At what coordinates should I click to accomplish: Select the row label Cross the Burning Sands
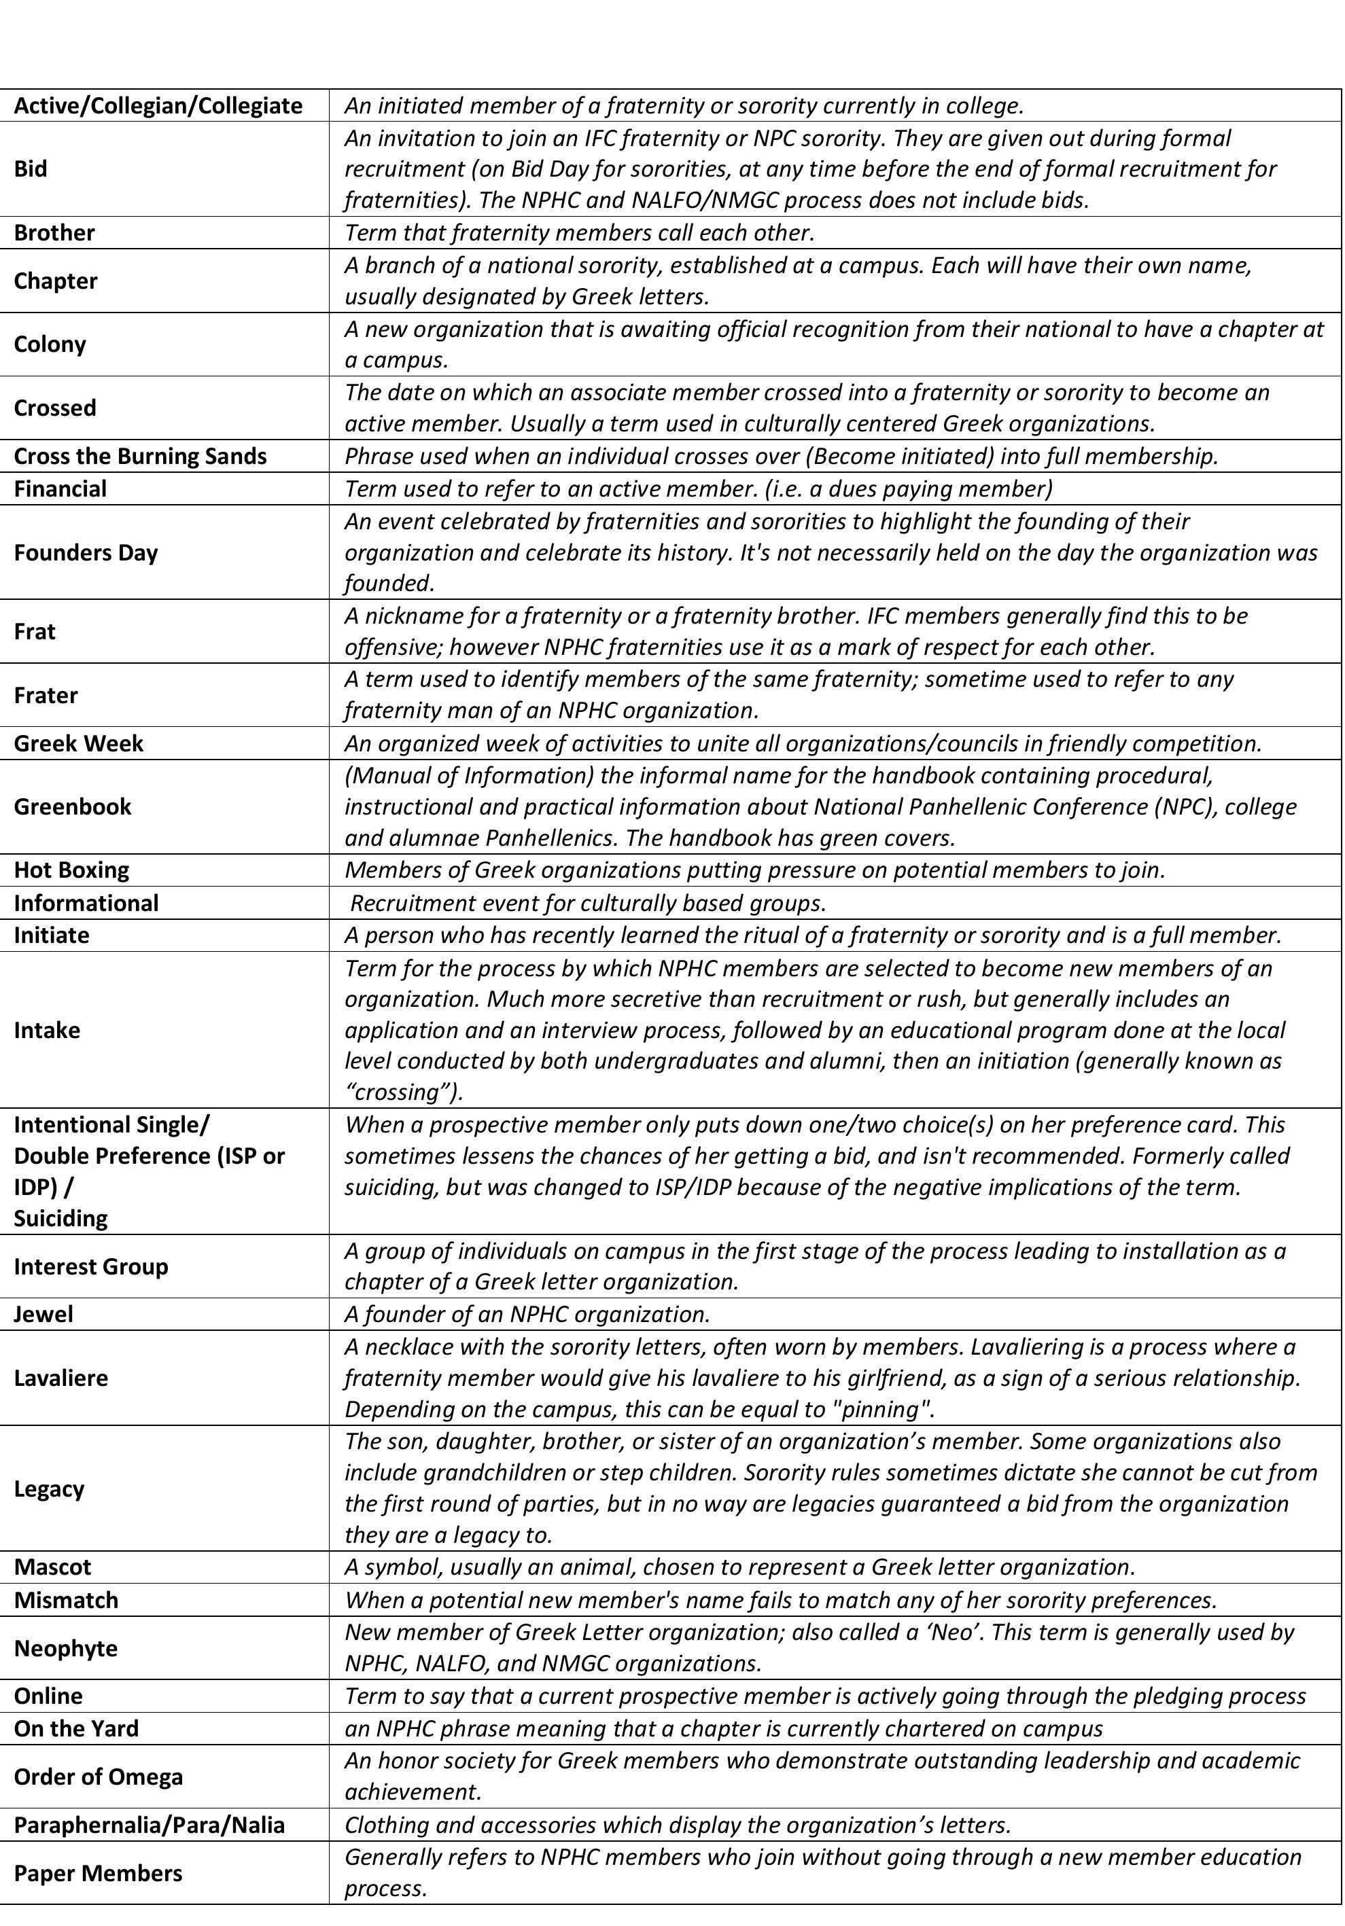pyautogui.click(x=140, y=457)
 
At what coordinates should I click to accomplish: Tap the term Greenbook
pyautogui.click(x=72, y=807)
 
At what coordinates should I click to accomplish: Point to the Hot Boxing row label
pyautogui.click(x=71, y=870)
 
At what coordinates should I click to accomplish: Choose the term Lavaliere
pyautogui.click(x=60, y=1378)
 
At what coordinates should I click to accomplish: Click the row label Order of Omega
pyautogui.click(x=98, y=1777)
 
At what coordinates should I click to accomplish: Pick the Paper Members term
pyautogui.click(x=97, y=1874)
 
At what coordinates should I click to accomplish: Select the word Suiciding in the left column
pyautogui.click(x=60, y=1219)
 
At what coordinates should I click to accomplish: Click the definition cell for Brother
pyautogui.click(x=579, y=232)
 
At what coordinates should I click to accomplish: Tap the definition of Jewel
pyautogui.click(x=527, y=1315)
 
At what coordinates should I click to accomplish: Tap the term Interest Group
pyautogui.click(x=90, y=1266)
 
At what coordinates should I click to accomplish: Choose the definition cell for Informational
pyautogui.click(x=587, y=904)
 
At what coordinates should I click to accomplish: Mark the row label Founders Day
pyautogui.click(x=86, y=553)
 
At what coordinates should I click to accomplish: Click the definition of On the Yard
pyautogui.click(x=723, y=1729)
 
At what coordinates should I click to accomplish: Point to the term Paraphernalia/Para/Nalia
pyautogui.click(x=150, y=1825)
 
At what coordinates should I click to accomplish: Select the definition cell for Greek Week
pyautogui.click(x=802, y=744)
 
